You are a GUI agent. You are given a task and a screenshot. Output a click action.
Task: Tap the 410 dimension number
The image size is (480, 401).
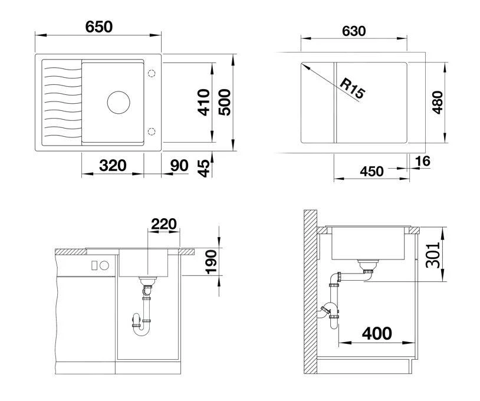[x=204, y=102]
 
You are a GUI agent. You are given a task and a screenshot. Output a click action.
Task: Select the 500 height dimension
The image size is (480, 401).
[x=224, y=102]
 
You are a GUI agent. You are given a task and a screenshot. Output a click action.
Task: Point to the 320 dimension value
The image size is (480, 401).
[x=112, y=165]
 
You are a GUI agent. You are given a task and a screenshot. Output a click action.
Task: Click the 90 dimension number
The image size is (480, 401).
[x=179, y=165]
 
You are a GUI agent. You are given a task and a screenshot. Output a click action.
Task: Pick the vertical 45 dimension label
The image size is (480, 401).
[x=203, y=167]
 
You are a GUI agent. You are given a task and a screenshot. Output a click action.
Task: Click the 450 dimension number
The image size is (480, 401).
[x=372, y=171]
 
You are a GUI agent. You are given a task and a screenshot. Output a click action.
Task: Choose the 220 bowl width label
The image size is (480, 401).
[x=164, y=223]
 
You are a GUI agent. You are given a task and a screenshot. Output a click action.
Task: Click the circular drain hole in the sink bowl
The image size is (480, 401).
[x=118, y=101]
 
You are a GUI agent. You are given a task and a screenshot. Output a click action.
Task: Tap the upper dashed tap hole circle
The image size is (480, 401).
[x=151, y=73]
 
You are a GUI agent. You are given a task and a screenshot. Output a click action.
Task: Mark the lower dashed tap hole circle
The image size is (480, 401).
[x=151, y=130]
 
